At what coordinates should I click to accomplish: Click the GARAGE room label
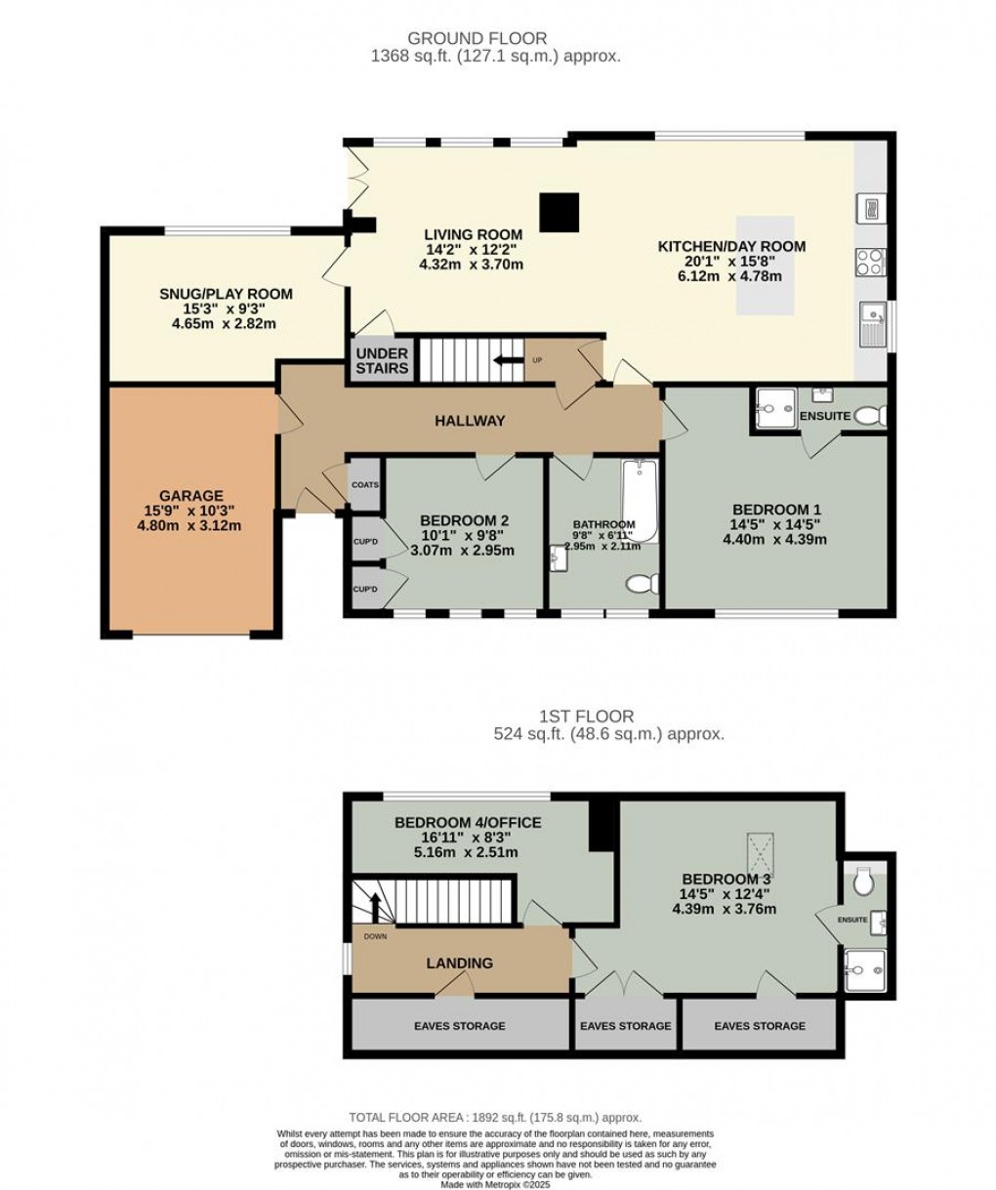click(x=191, y=496)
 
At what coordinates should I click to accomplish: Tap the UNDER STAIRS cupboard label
click(x=383, y=360)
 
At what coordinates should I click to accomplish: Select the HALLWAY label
click(x=470, y=421)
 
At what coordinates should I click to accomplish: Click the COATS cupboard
click(x=364, y=483)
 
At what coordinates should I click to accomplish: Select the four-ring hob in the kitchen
click(x=871, y=261)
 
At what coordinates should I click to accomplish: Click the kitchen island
click(x=766, y=265)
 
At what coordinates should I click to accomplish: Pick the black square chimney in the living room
click(x=560, y=214)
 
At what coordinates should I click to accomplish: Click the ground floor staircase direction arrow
click(x=508, y=360)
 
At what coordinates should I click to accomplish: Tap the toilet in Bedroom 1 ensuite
click(x=868, y=417)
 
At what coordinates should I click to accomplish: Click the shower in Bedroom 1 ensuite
click(x=773, y=408)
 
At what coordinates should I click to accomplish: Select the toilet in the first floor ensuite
click(x=862, y=883)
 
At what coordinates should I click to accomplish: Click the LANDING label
click(x=459, y=964)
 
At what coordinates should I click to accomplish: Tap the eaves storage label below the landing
click(x=459, y=1026)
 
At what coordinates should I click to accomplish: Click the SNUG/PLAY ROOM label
click(x=226, y=294)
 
